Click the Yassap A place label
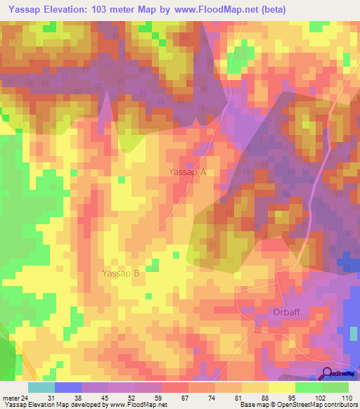point(188,171)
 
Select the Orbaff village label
point(286,311)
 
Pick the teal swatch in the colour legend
point(41,387)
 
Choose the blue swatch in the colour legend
point(67,387)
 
